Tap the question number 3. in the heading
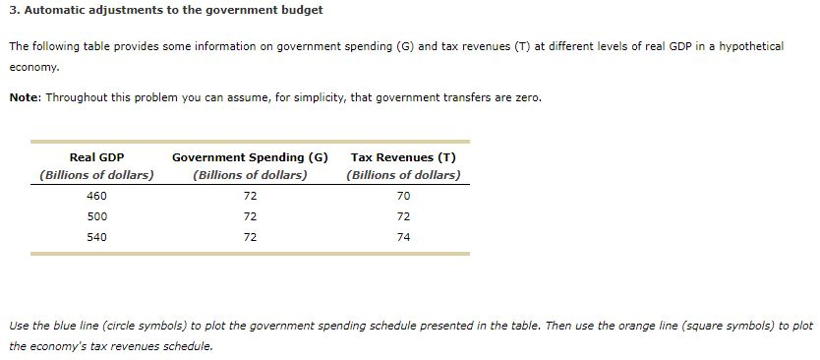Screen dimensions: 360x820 (14, 10)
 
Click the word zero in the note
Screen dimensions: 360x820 (525, 97)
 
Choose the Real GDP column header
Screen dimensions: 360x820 (96, 157)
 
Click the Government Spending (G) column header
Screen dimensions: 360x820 (250, 157)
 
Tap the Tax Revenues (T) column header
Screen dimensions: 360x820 (403, 157)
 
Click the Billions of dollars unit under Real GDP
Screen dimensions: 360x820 (96, 175)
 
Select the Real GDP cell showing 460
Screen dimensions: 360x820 (96, 196)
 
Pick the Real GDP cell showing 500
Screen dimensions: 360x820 (96, 216)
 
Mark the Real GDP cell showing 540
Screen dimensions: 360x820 (96, 237)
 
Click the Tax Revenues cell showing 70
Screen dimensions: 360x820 (403, 196)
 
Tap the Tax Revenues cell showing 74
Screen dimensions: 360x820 (403, 237)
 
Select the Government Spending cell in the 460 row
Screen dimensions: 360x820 (250, 196)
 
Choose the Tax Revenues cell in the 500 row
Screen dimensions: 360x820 (403, 216)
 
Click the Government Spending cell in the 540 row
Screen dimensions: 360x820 (250, 237)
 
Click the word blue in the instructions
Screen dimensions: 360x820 (70, 326)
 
